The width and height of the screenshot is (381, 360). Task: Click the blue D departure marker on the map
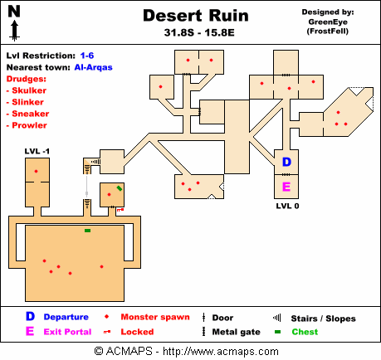[x=286, y=162]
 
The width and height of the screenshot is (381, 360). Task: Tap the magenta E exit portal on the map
[x=286, y=187]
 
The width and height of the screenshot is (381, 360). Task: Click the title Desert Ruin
[x=196, y=16]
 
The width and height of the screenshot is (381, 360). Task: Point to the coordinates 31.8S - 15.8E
[x=199, y=32]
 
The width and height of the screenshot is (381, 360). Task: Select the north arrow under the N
[x=15, y=31]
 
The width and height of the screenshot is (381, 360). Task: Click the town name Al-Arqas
[x=94, y=67]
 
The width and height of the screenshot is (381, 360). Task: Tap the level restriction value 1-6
[x=87, y=56]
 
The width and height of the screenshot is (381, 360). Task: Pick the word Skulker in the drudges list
[x=29, y=90]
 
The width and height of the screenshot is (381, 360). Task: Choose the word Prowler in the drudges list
[x=29, y=125]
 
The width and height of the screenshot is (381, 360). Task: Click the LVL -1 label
[x=37, y=151]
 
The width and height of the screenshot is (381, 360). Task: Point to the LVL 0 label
[x=287, y=206]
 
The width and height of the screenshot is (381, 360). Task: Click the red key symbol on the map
[x=120, y=210]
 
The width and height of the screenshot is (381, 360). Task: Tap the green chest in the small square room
[x=120, y=188]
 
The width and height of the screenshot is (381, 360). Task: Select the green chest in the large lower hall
[x=87, y=231]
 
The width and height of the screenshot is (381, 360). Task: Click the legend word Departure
[x=66, y=317]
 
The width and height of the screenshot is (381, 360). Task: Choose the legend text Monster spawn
[x=155, y=317]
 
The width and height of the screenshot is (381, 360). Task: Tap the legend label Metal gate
[x=237, y=332]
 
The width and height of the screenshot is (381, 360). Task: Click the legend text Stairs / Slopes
[x=323, y=319]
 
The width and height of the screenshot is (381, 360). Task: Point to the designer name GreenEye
[x=328, y=22]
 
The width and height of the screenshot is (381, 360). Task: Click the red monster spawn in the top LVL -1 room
[x=36, y=172]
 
